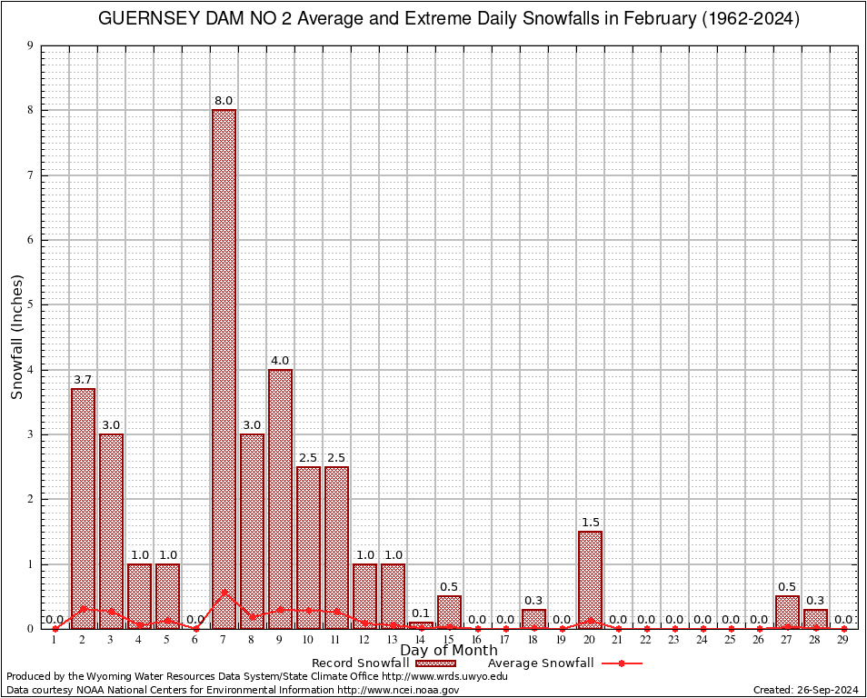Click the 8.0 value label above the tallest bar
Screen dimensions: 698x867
tap(224, 101)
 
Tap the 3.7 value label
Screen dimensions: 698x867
tap(83, 380)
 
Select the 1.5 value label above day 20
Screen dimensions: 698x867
tap(590, 523)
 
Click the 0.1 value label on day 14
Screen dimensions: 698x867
tap(421, 613)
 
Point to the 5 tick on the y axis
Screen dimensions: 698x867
tap(30, 304)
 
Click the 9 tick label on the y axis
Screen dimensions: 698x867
tap(30, 45)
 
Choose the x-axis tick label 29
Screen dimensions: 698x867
tap(843, 640)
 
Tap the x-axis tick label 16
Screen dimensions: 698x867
tap(477, 640)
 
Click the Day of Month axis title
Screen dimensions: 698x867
tap(448, 651)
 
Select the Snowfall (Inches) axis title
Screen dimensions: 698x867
tap(16, 336)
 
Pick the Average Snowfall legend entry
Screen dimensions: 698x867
tap(541, 663)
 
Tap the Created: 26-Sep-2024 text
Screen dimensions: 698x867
tap(805, 691)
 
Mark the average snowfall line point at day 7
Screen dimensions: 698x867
tap(224, 593)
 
